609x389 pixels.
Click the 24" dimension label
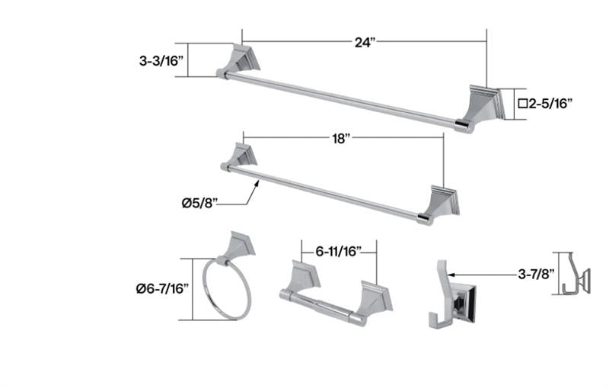(x=365, y=42)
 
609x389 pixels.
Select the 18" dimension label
(x=341, y=138)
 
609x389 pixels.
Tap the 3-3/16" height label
(x=161, y=61)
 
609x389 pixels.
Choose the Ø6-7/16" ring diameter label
(x=162, y=288)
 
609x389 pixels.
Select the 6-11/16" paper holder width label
(x=339, y=252)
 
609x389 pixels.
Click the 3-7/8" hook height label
(x=536, y=275)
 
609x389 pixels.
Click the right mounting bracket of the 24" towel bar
(x=481, y=107)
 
